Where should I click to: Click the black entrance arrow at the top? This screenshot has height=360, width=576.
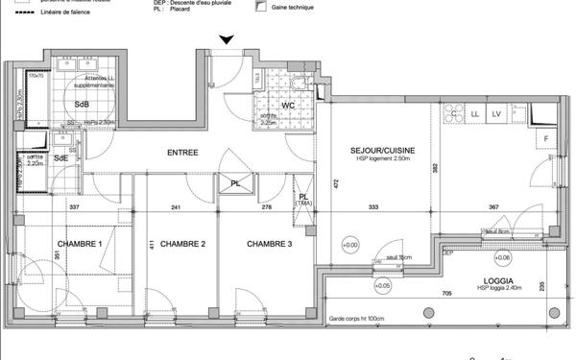click(226, 39)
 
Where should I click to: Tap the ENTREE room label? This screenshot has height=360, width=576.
click(183, 152)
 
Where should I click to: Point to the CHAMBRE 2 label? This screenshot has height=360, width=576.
click(182, 244)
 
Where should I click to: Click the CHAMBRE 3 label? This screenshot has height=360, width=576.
click(269, 244)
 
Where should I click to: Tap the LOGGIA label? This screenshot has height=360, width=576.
click(490, 280)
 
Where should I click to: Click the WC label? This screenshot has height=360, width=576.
click(286, 106)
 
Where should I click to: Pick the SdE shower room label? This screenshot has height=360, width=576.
click(60, 157)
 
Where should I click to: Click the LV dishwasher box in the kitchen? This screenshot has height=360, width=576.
click(496, 114)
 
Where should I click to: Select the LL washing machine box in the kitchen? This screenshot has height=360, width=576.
click(474, 114)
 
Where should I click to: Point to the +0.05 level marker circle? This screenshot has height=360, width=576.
click(383, 285)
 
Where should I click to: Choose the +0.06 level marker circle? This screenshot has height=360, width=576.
click(503, 257)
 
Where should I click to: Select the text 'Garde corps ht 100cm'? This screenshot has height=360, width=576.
click(357, 319)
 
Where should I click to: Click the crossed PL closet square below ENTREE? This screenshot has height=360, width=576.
click(235, 183)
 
